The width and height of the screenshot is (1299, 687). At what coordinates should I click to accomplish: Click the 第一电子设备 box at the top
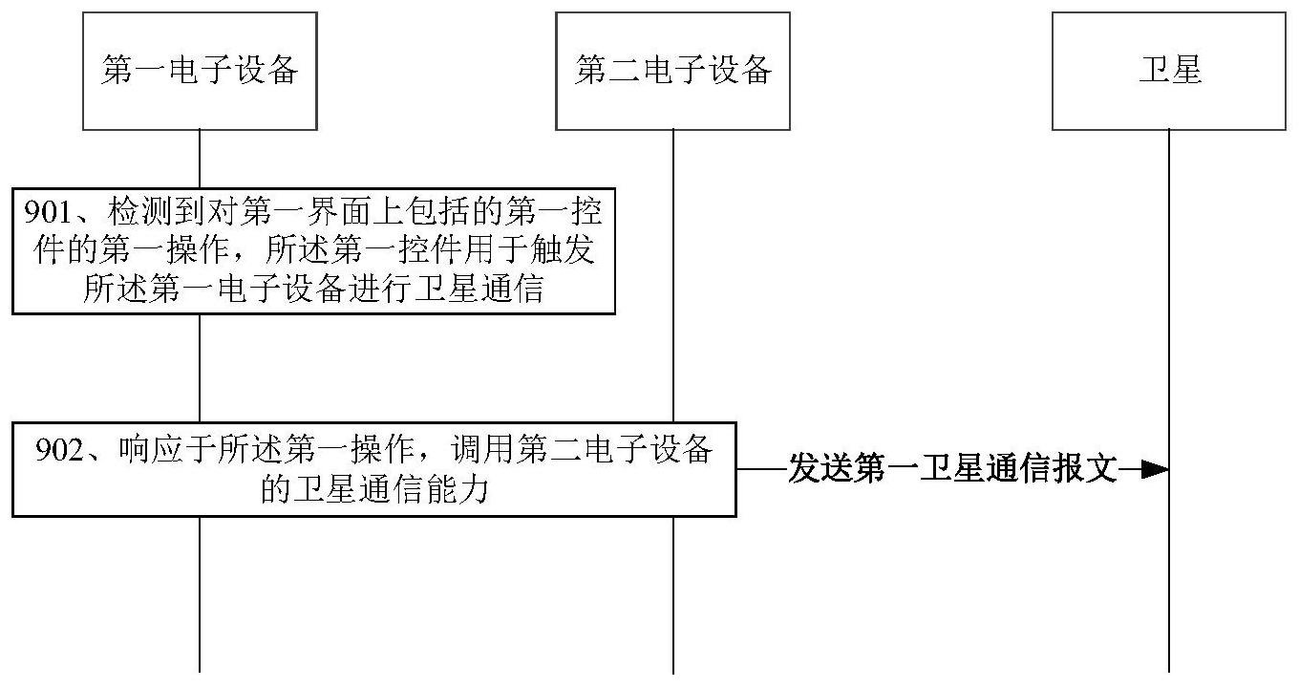click(200, 71)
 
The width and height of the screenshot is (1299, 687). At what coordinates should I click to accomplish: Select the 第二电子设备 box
click(672, 71)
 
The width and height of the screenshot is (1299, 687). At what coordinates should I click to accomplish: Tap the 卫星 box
click(1169, 71)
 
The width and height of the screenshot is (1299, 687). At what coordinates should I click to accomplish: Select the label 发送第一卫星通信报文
click(951, 469)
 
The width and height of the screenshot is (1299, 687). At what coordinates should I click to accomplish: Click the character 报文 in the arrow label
click(1089, 469)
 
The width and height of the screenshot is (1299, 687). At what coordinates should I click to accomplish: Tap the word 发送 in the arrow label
click(815, 469)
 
